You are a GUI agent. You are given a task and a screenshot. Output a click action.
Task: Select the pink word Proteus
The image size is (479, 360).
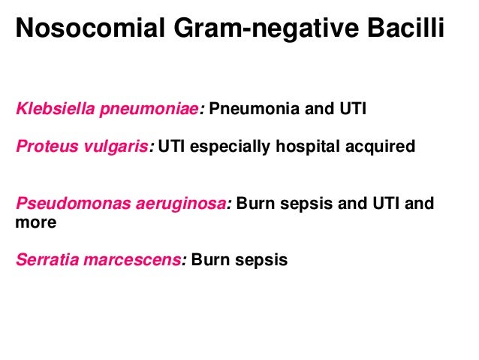42,146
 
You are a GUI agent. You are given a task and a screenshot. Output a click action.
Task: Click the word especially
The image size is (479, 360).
225,146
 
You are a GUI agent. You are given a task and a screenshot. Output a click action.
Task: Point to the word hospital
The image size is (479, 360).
302,146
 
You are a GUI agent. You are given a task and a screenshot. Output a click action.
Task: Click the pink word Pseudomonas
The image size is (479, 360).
62,204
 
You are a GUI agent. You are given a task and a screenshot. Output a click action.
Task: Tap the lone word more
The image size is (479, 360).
32,222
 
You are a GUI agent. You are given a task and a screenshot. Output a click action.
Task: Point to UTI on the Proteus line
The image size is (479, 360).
171,146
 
